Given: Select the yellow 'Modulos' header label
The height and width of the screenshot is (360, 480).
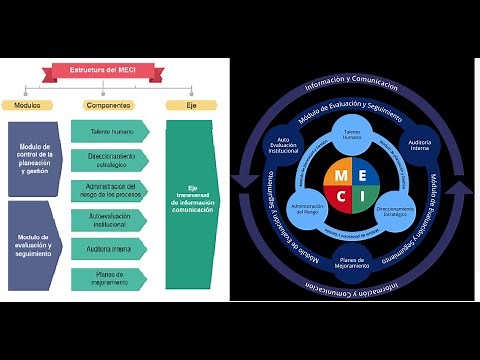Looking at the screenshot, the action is (27, 104).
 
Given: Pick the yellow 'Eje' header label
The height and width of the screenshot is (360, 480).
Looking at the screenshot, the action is (191, 104).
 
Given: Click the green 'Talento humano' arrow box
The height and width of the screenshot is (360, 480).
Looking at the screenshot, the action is (109, 130).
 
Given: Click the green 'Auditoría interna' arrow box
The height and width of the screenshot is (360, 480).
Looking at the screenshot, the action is (109, 247).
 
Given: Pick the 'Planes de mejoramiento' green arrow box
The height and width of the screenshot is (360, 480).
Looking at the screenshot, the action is (109, 277).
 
